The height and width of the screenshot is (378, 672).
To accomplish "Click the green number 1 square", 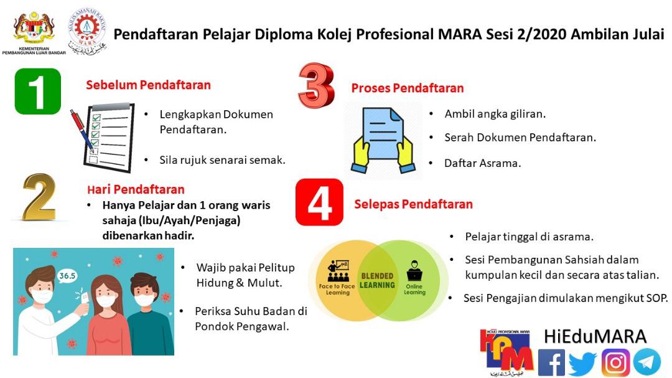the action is tap(38, 92).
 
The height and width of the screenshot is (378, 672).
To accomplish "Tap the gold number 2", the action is tap(39, 197).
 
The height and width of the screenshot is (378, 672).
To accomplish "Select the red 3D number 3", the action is tap(316, 85).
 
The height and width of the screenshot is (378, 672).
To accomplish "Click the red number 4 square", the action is tap(319, 202).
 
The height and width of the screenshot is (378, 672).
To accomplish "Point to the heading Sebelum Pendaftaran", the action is tap(148, 85).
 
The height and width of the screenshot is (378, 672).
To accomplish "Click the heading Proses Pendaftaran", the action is tap(408, 88).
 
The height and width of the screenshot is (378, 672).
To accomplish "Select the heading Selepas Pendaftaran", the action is tap(413, 204).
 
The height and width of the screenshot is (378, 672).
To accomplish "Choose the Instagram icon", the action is tap(615, 363).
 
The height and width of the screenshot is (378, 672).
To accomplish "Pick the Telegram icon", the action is tap(646, 362).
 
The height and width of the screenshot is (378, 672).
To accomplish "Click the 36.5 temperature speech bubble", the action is tap(67, 276).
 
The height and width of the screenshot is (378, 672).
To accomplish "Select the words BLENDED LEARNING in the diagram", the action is tap(377, 281).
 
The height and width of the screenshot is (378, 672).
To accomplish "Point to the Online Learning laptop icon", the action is tap(414, 271).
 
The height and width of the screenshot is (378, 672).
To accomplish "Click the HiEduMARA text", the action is tap(595, 337).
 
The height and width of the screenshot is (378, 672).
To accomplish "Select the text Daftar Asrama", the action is tap(483, 164).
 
